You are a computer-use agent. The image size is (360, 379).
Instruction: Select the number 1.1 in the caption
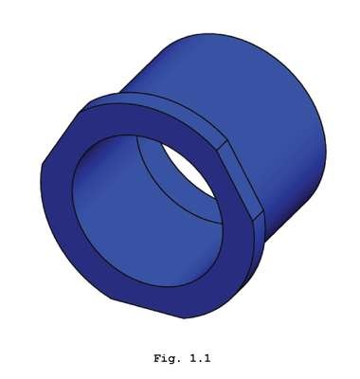point(200,358)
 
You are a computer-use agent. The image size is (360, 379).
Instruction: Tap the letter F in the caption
point(157,358)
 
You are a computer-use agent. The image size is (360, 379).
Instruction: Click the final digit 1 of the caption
point(207,358)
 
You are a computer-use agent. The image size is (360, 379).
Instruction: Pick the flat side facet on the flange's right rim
point(241,180)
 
